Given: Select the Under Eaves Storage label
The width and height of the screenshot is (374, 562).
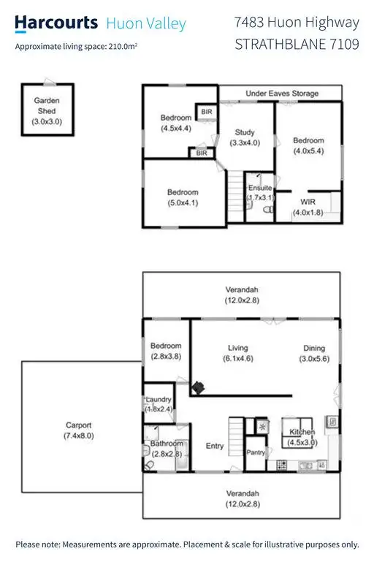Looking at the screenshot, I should pos(282,94).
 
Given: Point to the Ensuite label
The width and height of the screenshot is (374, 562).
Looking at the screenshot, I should pos(259,189).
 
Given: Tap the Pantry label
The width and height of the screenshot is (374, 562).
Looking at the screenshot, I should pos(255,453).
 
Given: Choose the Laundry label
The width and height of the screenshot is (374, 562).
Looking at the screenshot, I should pos(159,400).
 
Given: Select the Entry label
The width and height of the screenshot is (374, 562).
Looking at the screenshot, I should pos(215,446).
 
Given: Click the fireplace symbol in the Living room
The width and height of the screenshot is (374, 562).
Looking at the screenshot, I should pos(198,386).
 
